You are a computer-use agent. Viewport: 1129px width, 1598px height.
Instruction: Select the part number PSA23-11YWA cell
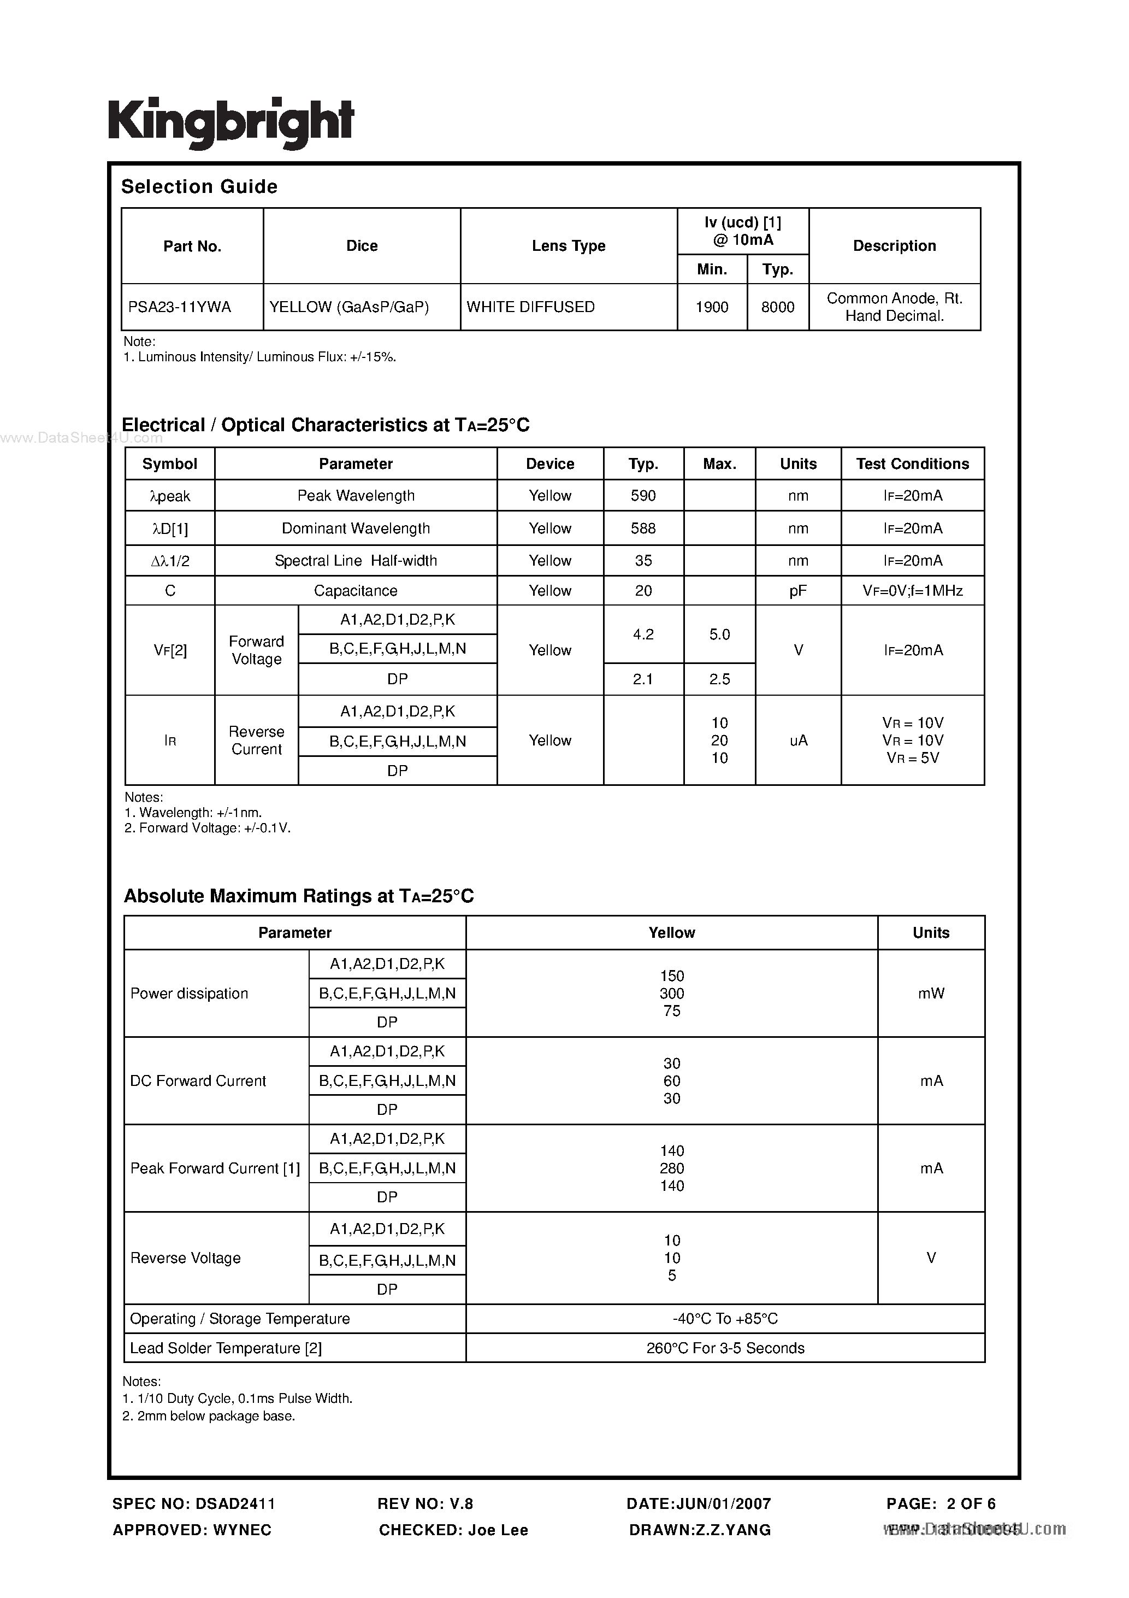tap(180, 307)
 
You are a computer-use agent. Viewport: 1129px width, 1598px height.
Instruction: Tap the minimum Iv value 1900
tap(712, 307)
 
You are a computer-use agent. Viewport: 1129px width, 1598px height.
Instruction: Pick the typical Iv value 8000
tap(777, 307)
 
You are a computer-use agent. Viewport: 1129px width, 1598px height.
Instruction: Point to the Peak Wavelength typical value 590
tap(643, 496)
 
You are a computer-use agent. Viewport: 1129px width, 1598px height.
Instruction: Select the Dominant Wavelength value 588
tap(643, 528)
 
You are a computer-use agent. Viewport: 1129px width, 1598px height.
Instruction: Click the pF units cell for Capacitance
tap(798, 591)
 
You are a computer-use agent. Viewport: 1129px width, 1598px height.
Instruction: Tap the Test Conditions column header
tap(912, 463)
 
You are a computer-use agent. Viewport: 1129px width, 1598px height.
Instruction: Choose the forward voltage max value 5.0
tap(719, 634)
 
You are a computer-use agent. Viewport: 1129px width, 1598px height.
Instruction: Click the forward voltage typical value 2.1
tap(643, 679)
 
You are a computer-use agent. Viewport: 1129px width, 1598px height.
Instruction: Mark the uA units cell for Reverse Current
tap(798, 741)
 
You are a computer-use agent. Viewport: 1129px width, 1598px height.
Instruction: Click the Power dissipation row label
tap(189, 993)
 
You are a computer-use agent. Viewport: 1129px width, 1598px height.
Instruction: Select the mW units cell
tap(931, 993)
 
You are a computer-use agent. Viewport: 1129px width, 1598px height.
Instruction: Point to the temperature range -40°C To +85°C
tap(725, 1318)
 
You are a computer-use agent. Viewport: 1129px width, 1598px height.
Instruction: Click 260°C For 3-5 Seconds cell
tap(725, 1348)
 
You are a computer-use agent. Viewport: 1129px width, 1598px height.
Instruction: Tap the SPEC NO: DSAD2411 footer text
tap(194, 1503)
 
